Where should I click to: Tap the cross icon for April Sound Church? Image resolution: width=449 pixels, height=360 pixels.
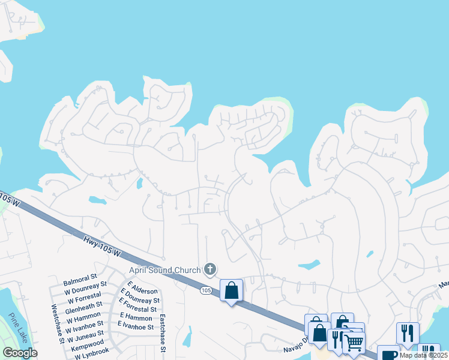click(x=210, y=269)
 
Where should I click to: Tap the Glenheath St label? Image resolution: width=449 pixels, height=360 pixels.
click(x=83, y=310)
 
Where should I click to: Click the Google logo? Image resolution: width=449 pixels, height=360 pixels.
click(x=20, y=353)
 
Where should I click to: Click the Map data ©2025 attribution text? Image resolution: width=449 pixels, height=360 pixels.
click(x=424, y=356)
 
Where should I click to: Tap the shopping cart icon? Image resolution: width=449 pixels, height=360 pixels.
click(x=354, y=343)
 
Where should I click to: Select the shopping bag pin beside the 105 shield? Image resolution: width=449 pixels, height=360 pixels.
click(x=232, y=290)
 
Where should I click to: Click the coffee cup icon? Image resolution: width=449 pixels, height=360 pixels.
click(x=388, y=355)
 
